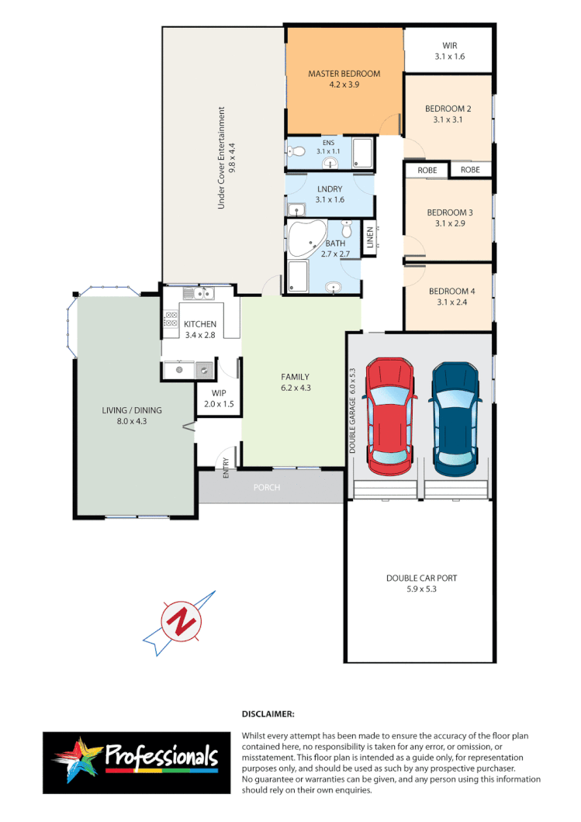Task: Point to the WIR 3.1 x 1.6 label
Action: click(x=450, y=51)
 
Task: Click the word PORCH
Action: click(x=267, y=487)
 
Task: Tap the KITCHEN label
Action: click(x=199, y=330)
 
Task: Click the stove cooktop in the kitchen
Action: click(x=171, y=320)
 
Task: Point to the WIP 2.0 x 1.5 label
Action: click(x=218, y=399)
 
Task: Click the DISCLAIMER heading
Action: click(x=268, y=713)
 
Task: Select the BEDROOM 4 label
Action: click(x=450, y=297)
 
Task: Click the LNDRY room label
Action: click(x=329, y=194)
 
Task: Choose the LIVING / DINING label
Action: click(x=134, y=416)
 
